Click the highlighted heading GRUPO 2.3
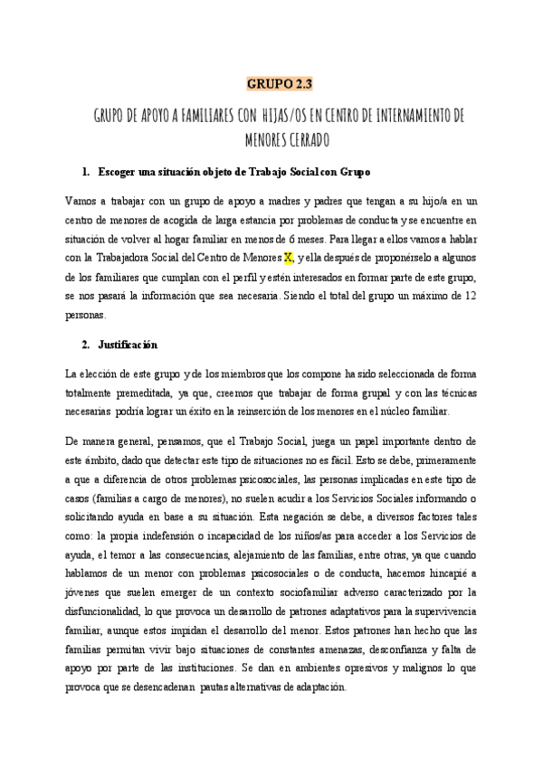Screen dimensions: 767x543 coord(280,86)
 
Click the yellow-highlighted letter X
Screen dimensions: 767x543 coord(288,258)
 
